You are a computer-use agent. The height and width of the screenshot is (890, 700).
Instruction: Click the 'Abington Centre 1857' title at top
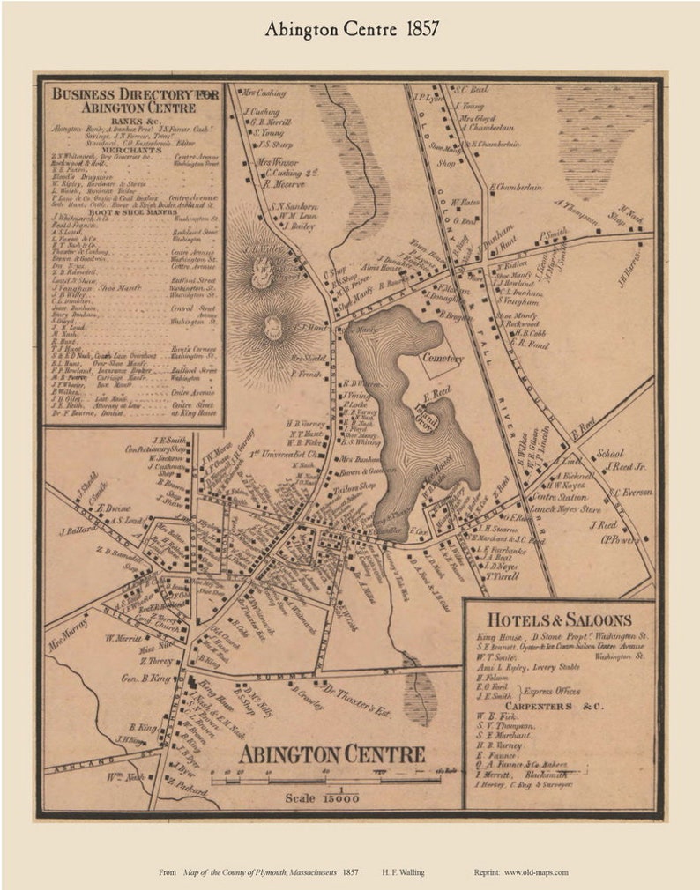351,29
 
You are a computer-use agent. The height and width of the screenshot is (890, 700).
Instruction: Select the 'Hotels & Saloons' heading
559,619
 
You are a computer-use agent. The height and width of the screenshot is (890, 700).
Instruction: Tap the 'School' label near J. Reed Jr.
610,454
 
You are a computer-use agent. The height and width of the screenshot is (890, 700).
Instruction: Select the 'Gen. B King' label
144,678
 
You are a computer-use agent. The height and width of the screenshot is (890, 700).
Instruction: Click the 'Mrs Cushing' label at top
264,91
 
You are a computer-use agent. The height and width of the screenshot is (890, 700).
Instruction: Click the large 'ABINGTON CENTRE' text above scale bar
332,754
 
